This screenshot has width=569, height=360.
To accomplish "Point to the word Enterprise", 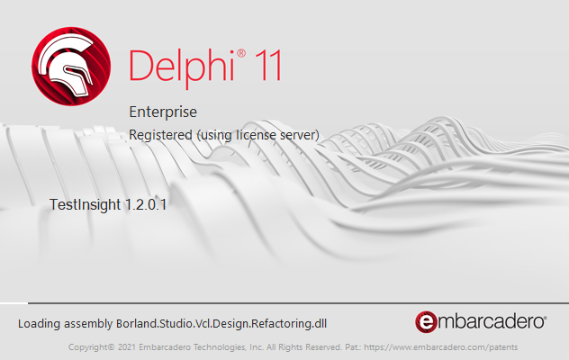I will point(163,112).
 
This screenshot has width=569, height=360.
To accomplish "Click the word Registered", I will point(160,134).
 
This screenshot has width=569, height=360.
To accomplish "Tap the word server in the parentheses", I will point(297,134).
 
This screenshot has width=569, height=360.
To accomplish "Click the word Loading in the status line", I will point(41,322).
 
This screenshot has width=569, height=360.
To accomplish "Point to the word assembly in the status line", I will point(89,322).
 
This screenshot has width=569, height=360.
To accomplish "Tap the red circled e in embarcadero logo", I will point(426,321).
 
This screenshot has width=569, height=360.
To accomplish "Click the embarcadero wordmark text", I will point(491,321).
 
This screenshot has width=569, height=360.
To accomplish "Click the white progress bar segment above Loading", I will point(14,303).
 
